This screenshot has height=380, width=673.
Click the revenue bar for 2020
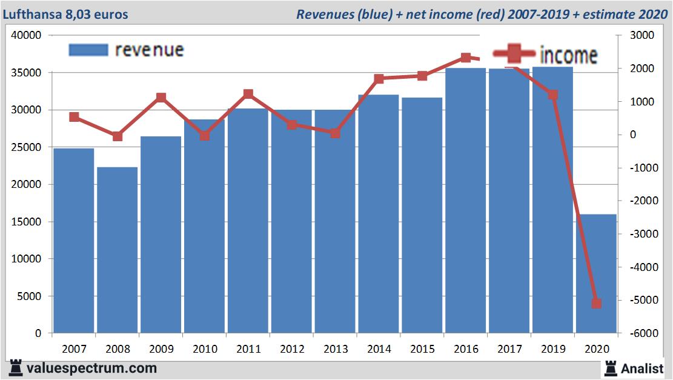coord(596,273)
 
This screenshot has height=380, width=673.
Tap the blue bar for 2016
coord(465,200)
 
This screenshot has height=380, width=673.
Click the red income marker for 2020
coord(596,303)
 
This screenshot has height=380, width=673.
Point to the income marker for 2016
coord(465,58)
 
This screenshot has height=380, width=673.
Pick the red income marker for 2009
coord(161,98)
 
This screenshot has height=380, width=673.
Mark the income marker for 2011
coord(248,94)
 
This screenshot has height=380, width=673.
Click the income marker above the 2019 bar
coord(552,95)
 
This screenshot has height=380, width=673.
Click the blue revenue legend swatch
coord(88,50)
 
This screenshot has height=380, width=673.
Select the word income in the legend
coord(568,55)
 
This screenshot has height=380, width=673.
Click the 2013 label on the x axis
coord(335,349)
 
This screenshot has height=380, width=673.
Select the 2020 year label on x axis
coord(596,349)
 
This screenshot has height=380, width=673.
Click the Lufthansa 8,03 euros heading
coord(65,14)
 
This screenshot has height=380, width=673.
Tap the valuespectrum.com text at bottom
coord(91,368)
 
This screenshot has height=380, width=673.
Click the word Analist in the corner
coord(643,368)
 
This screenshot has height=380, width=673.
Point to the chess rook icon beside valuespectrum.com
coord(15,367)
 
